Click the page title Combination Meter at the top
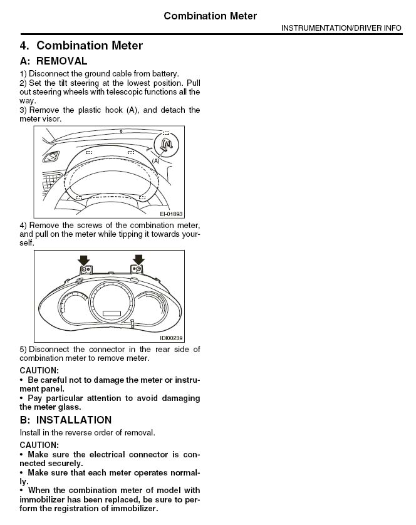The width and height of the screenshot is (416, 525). (x=210, y=16)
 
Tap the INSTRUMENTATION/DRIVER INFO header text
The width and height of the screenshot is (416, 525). (x=341, y=28)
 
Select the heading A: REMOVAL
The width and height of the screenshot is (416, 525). (x=53, y=61)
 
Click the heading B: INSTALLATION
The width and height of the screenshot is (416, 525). (x=66, y=420)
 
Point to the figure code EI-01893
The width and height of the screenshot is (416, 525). (x=170, y=213)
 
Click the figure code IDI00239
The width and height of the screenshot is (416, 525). (x=170, y=337)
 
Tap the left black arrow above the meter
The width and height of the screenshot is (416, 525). (x=83, y=259)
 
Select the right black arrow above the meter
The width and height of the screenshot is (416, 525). (x=138, y=259)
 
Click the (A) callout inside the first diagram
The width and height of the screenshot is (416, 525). (x=156, y=161)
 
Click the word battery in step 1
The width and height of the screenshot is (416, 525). (x=165, y=73)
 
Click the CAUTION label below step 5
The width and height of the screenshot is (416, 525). (x=39, y=370)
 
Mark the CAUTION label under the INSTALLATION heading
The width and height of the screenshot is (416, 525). (x=39, y=445)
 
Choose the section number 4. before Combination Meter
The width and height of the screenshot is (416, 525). (x=24, y=46)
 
